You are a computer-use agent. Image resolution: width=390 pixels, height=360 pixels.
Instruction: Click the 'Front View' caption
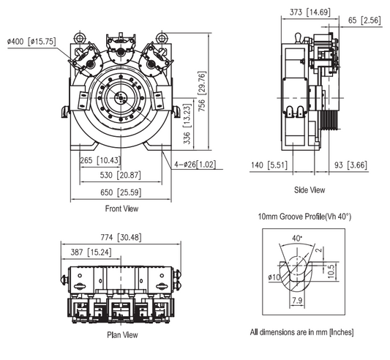click(x=121, y=209)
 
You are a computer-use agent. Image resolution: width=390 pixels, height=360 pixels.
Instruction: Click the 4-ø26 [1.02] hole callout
click(x=195, y=164)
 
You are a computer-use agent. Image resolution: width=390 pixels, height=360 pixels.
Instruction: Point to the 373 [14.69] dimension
click(x=307, y=12)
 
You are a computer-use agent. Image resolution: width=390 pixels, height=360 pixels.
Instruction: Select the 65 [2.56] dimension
click(x=363, y=20)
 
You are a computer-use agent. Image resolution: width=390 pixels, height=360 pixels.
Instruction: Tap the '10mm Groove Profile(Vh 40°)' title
click(x=304, y=217)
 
